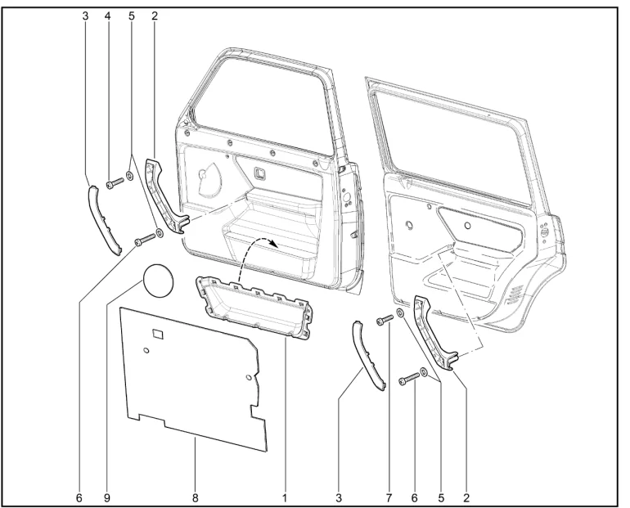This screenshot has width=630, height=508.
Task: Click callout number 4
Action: [x=107, y=16]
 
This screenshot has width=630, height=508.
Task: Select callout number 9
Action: [x=107, y=498]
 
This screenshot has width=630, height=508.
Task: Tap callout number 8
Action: [x=196, y=498]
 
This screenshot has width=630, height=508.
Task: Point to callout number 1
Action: [x=285, y=498]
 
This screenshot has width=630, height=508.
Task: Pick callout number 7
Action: [x=389, y=498]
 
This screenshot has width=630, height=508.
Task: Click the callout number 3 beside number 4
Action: [x=85, y=16]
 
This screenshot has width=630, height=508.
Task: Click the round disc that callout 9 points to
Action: [x=159, y=281]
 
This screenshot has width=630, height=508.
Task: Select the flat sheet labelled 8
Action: [x=193, y=377]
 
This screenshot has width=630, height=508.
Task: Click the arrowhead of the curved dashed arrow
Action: [x=273, y=243]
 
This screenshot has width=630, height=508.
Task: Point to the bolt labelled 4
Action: [x=114, y=184]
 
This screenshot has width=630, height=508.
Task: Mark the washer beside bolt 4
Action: [x=130, y=175]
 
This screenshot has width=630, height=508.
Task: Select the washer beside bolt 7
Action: [x=401, y=312]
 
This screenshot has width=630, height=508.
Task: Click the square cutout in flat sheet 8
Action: [x=158, y=334]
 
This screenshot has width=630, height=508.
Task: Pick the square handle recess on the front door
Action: [x=259, y=173]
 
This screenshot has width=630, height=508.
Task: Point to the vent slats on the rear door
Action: [x=515, y=295]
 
